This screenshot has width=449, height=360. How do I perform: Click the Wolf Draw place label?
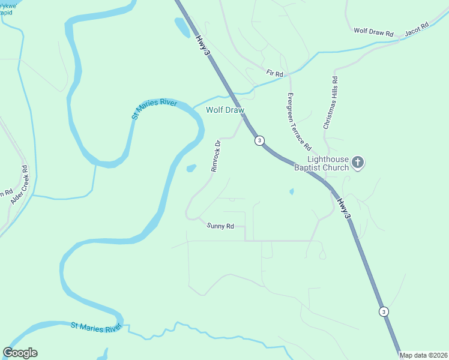point(225,110)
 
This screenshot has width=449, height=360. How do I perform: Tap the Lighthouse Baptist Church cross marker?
point(358,163)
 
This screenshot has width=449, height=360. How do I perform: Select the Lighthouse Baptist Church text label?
point(321,163)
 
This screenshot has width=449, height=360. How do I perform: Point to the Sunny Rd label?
point(220,226)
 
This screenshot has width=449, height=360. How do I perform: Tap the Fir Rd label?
point(274,73)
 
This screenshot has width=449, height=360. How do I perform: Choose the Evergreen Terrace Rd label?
point(298,121)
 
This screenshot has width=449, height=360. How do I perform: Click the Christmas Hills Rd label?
point(331,103)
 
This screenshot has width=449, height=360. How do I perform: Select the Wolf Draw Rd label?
point(373,32)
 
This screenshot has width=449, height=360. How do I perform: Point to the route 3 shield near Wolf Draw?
point(259,140)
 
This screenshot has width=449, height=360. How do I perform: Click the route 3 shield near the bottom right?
point(384,311)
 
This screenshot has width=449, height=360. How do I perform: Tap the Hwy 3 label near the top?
point(203,46)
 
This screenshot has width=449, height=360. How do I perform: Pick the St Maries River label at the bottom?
point(96,326)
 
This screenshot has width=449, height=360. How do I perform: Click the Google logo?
point(20,353)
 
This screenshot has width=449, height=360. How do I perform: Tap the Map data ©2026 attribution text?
point(423,355)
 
